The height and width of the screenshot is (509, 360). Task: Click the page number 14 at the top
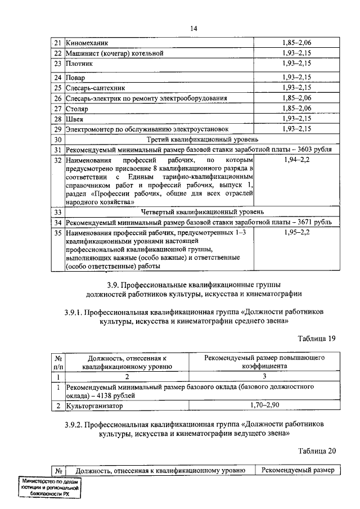193,28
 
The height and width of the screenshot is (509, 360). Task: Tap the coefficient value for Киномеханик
296,42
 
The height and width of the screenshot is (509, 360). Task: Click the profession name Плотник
79,64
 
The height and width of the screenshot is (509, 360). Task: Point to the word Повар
76,76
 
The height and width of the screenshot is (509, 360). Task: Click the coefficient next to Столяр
296,108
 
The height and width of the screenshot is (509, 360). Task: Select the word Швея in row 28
75,119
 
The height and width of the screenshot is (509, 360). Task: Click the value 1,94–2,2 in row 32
296,161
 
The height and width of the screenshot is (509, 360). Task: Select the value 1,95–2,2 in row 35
296,232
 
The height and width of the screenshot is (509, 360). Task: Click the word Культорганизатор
93,405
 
